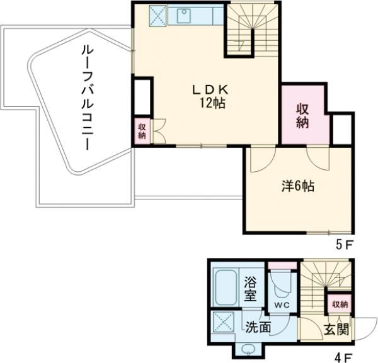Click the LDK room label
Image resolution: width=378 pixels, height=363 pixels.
tap(205, 90)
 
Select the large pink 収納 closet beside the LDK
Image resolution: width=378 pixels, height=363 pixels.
tap(304, 115)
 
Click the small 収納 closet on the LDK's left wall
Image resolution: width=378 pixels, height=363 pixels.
tap(142, 131)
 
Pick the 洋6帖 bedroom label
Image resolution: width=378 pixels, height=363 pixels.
tap(297, 186)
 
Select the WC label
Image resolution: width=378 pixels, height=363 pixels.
tap(281, 306)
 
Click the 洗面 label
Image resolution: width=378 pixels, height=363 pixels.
tap(258, 327)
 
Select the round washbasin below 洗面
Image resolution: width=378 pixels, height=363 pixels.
tap(246, 349)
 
